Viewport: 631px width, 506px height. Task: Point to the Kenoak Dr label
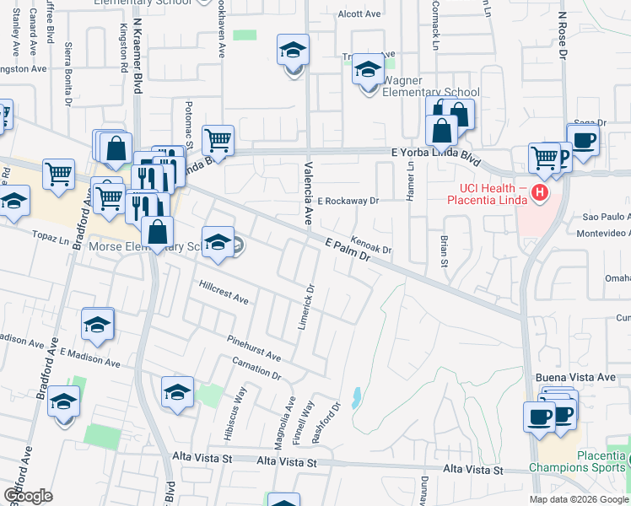tap(372, 245)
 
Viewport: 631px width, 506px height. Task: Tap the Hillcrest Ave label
tap(224, 293)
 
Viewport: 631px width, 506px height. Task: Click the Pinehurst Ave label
tap(254, 347)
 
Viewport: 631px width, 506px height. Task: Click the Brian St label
tap(444, 251)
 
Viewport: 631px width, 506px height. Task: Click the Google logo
tap(28, 496)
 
